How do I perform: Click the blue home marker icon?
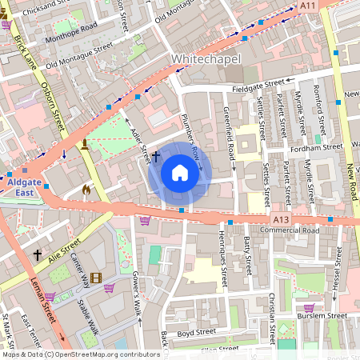click(x=180, y=173)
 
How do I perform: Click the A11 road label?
click(x=308, y=6)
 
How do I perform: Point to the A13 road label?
click(x=280, y=219)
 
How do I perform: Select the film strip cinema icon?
click(x=96, y=278)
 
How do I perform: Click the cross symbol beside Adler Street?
click(x=156, y=155)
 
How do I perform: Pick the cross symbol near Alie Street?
click(x=37, y=254)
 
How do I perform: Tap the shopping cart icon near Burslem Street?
click(x=309, y=307)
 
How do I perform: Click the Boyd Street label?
click(x=198, y=334)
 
